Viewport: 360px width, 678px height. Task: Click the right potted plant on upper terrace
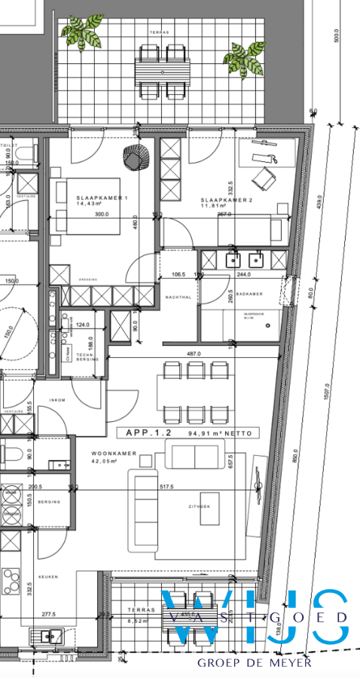pyautogui.click(x=242, y=58)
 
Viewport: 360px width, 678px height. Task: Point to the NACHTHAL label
pyautogui.click(x=178, y=298)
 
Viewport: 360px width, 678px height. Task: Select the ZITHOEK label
pyautogui.click(x=198, y=508)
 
